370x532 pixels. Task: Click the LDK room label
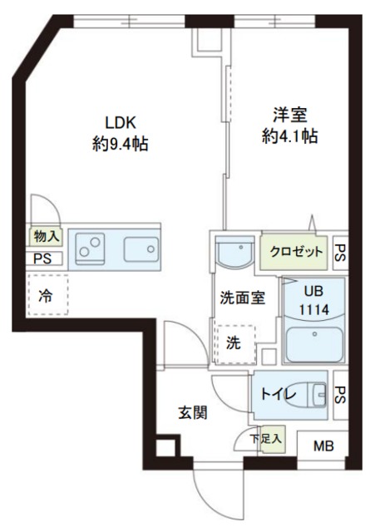(120, 118)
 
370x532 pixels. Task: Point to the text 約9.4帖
(120, 144)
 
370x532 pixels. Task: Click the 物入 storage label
(45, 237)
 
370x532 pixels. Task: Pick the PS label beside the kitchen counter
(42, 258)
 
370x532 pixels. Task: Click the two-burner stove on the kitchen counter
(91, 248)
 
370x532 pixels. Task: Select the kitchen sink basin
(142, 249)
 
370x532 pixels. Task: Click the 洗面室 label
(243, 298)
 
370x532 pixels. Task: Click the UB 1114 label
(313, 302)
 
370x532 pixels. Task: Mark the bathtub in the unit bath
(313, 343)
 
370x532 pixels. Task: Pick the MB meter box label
(323, 446)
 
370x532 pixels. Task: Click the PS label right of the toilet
(340, 393)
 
